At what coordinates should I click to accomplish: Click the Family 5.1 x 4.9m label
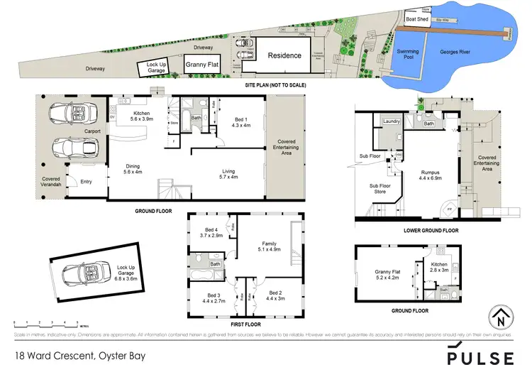(x=268, y=246)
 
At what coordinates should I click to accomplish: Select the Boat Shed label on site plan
(x=416, y=19)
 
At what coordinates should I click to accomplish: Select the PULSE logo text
(x=481, y=354)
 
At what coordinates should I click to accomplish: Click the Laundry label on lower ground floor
(x=392, y=121)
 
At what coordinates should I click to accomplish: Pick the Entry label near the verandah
(x=87, y=181)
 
